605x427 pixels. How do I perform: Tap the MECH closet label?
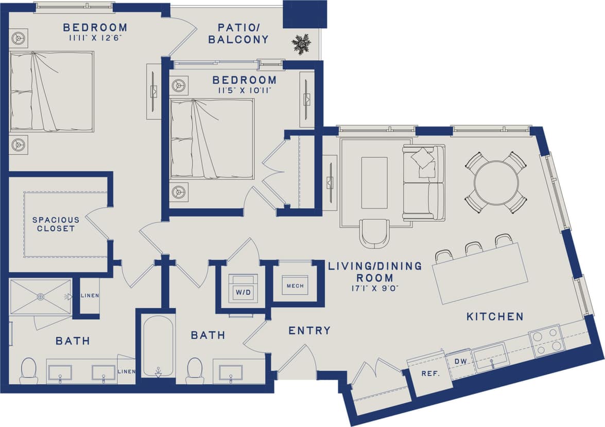pyautogui.click(x=295, y=286)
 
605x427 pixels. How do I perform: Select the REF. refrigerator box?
pyautogui.click(x=429, y=374)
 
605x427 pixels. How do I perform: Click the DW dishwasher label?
pyautogui.click(x=460, y=362)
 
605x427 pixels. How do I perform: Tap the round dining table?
pyautogui.click(x=496, y=183)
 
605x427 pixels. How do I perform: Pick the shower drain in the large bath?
pyautogui.click(x=40, y=296)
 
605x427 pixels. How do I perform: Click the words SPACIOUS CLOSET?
pyautogui.click(x=56, y=224)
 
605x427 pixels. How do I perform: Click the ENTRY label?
pyautogui.click(x=309, y=330)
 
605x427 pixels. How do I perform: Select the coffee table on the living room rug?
pyautogui.click(x=374, y=183)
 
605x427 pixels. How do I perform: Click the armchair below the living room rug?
pyautogui.click(x=374, y=233)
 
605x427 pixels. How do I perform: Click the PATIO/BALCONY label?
pyautogui.click(x=238, y=33)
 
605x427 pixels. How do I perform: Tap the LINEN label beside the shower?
pyautogui.click(x=90, y=296)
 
